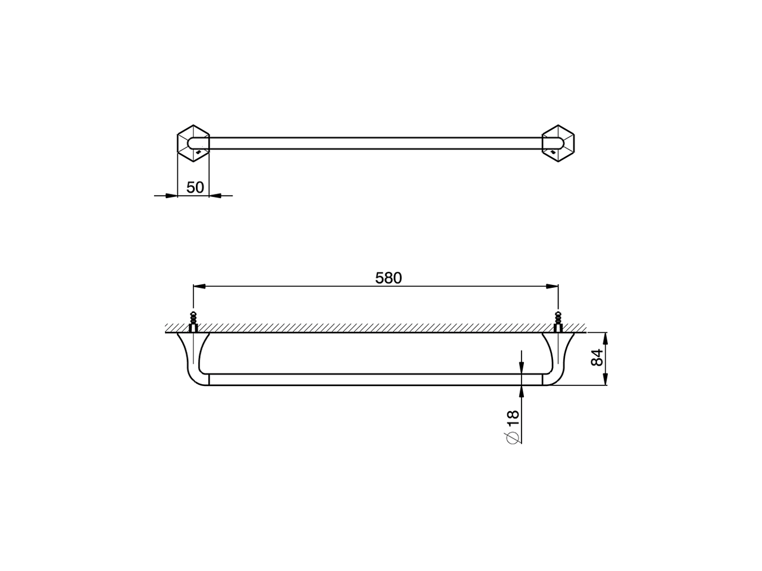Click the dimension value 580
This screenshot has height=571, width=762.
click(x=389, y=278)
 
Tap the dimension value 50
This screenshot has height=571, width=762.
click(x=195, y=187)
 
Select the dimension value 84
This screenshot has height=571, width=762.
click(x=598, y=358)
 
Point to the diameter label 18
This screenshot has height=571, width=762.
click(x=513, y=418)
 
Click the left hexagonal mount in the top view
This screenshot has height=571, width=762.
click(x=193, y=143)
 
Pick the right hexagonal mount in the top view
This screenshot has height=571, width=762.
click(x=558, y=143)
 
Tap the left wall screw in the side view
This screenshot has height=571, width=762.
click(x=193, y=322)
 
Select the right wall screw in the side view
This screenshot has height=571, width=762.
click(x=558, y=322)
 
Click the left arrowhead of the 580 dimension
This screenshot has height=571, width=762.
click(x=198, y=287)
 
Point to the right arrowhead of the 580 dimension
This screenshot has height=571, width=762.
click(x=553, y=287)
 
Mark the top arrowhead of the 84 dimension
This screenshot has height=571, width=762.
click(x=605, y=337)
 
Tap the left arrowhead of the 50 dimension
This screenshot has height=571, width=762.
click(x=172, y=195)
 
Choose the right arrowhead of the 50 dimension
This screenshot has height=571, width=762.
click(x=215, y=195)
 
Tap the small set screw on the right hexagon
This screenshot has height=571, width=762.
click(x=554, y=153)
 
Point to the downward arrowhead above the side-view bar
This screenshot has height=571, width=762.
click(x=521, y=369)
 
